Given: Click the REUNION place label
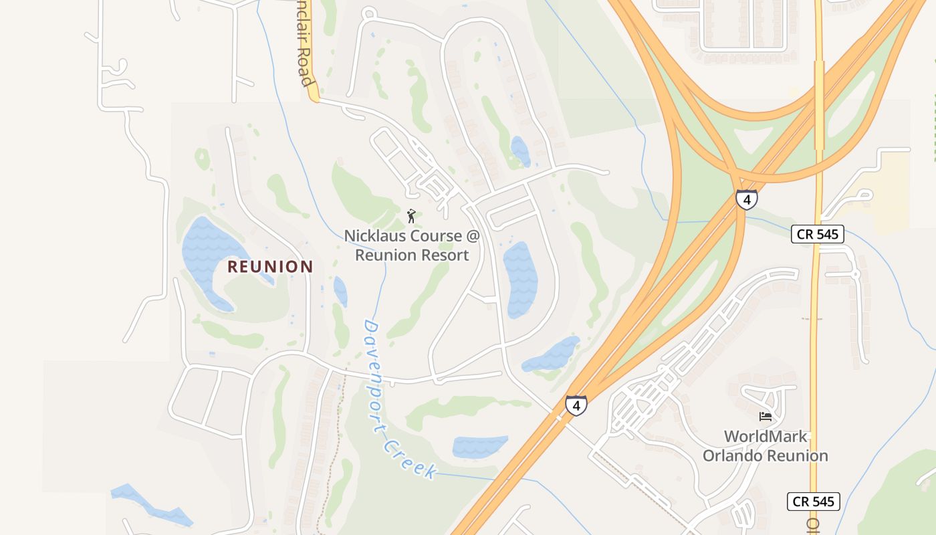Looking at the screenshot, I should [270, 267].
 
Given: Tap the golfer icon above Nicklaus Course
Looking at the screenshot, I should [411, 216].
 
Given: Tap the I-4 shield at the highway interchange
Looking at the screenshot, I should [746, 199].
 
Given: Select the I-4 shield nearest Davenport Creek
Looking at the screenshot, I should [576, 405].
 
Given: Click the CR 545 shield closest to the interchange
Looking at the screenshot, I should [818, 234].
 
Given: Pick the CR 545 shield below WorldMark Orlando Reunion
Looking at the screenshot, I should [813, 502].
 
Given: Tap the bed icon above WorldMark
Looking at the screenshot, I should [766, 417].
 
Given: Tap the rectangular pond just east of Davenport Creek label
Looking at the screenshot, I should [479, 447].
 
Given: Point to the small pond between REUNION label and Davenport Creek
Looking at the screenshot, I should [340, 292].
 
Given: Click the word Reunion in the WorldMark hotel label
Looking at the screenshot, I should [796, 456].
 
